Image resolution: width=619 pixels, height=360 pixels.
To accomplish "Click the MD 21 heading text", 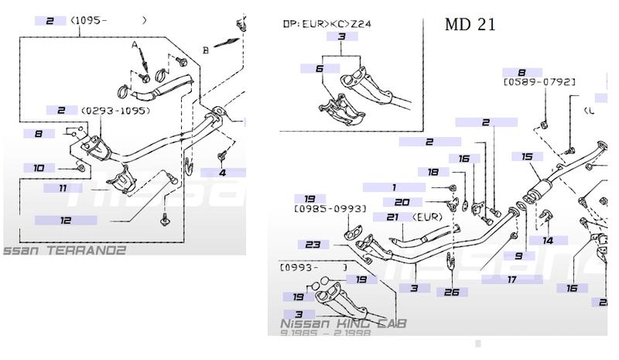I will click(x=470, y=24).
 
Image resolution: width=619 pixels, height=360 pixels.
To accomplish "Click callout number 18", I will click(x=433, y=172).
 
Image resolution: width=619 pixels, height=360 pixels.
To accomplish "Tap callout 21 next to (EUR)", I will click(x=392, y=217).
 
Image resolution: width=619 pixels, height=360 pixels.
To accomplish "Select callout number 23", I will click(x=313, y=244).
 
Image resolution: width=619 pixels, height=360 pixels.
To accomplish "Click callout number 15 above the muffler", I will click(x=527, y=156).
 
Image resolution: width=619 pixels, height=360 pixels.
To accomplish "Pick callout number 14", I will click(x=548, y=241).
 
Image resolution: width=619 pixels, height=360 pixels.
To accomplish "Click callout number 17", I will click(x=511, y=279).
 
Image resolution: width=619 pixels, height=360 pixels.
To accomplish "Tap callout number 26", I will click(x=452, y=292).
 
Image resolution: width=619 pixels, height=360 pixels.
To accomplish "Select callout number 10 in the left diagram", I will click(x=39, y=167).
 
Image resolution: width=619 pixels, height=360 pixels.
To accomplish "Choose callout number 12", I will click(x=65, y=221).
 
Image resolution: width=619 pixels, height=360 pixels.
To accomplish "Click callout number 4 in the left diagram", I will click(x=222, y=173).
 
